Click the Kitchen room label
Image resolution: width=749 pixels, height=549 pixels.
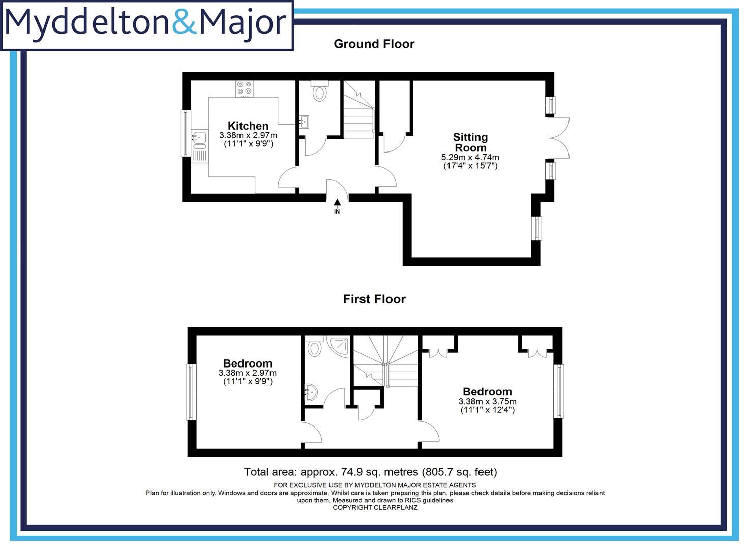248,126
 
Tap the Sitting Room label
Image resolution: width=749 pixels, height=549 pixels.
470,142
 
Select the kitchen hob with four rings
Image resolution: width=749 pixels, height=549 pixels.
245,89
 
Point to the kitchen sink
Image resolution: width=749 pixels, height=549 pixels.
198,137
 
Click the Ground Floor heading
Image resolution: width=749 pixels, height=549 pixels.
374,44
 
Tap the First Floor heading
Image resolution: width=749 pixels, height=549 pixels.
374,299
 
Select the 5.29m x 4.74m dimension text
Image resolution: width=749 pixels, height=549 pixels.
470,158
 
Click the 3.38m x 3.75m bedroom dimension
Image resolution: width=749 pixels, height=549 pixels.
487,401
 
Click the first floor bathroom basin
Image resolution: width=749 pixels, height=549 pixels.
311,392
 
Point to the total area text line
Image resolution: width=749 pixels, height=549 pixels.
370,472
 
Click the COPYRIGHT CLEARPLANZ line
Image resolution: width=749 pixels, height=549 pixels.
375,507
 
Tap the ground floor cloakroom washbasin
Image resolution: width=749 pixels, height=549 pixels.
305,121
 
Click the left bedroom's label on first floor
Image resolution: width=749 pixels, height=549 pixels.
248,363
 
